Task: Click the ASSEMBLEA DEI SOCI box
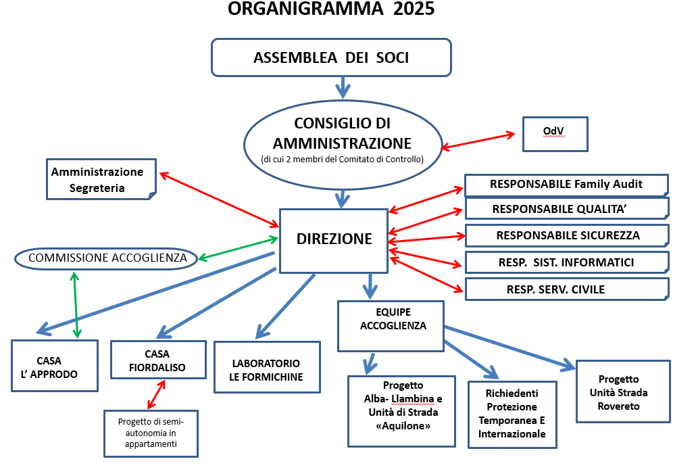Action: pyautogui.click(x=331, y=57)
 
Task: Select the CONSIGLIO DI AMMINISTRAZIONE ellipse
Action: pyautogui.click(x=343, y=145)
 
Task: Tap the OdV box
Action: pyautogui.click(x=555, y=134)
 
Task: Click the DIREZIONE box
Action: pyautogui.click(x=334, y=241)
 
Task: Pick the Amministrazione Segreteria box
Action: pyautogui.click(x=101, y=179)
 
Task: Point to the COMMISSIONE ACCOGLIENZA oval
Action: pyautogui.click(x=106, y=258)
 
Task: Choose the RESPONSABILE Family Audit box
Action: pyautogui.click(x=566, y=185)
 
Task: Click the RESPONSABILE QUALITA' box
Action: pyautogui.click(x=567, y=209)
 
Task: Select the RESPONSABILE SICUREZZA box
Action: pyautogui.click(x=567, y=235)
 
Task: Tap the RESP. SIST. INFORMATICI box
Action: pyautogui.click(x=567, y=262)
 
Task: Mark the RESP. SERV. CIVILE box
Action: pyautogui.click(x=567, y=289)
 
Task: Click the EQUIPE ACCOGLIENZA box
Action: pyautogui.click(x=391, y=326)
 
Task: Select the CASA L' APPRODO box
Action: pyautogui.click(x=55, y=366)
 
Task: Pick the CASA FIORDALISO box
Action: pyautogui.click(x=158, y=360)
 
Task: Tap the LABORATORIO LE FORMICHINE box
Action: pyautogui.click(x=268, y=367)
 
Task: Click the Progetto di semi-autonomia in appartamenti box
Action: pyautogui.click(x=151, y=433)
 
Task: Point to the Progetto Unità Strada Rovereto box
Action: pyautogui.click(x=623, y=391)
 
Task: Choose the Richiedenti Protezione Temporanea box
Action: pyautogui.click(x=512, y=414)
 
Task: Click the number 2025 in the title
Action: pyautogui.click(x=414, y=9)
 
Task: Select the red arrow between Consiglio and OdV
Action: pyautogui.click(x=478, y=141)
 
